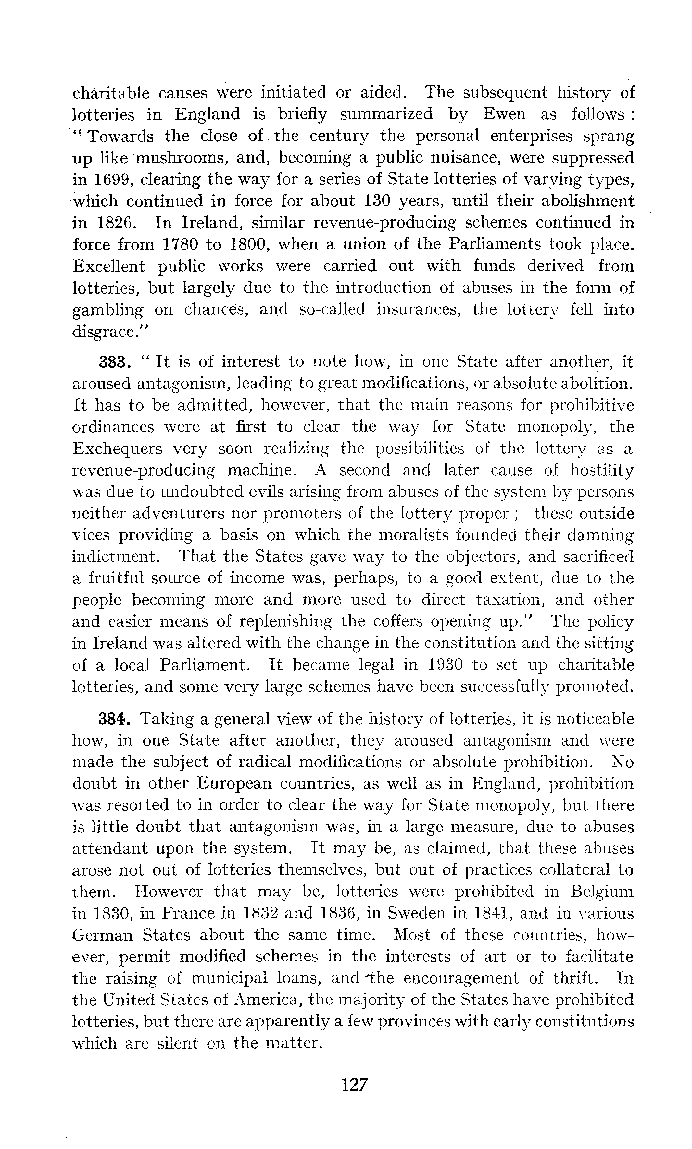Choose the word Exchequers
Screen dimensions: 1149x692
[118, 449]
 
